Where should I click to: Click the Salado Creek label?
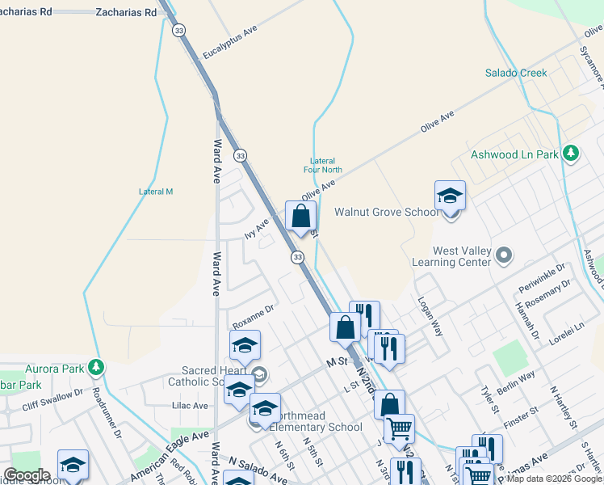pyautogui.click(x=515, y=73)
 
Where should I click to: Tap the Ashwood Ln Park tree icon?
pyautogui.click(x=571, y=153)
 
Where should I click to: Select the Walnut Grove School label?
pyautogui.click(x=387, y=212)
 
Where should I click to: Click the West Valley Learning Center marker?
pyautogui.click(x=505, y=256)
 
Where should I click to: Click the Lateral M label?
pyautogui.click(x=156, y=192)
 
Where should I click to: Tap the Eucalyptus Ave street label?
pyautogui.click(x=230, y=41)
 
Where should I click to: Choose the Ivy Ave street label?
pyautogui.click(x=257, y=229)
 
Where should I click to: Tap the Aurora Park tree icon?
pyautogui.click(x=97, y=367)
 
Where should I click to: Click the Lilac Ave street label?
pyautogui.click(x=190, y=406)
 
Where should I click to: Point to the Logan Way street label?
pyautogui.click(x=430, y=315)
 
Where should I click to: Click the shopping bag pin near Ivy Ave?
pyautogui.click(x=300, y=217)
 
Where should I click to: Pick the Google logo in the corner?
pyautogui.click(x=27, y=475)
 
